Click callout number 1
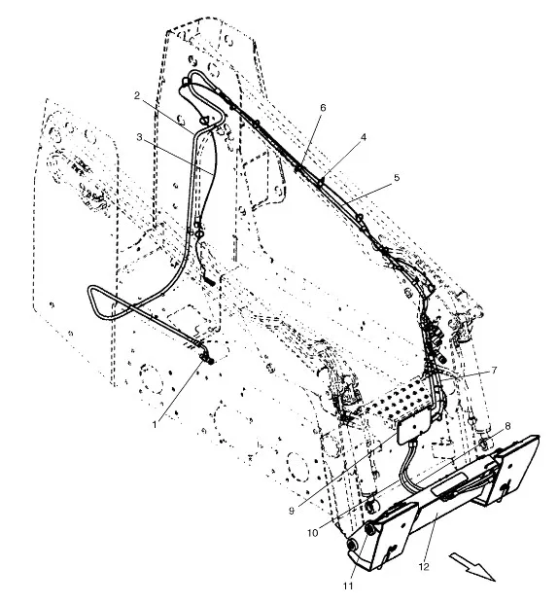pyautogui.click(x=155, y=424)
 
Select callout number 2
pyautogui.click(x=137, y=95)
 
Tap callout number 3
pyautogui.click(x=139, y=137)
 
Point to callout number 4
pyautogui.click(x=364, y=137)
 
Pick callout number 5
pyautogui.click(x=397, y=177)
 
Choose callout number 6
pyautogui.click(x=323, y=107)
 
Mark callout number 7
pyautogui.click(x=494, y=371)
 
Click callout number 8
pyautogui.click(x=507, y=426)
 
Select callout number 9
pyautogui.click(x=292, y=511)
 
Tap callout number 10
pyautogui.click(x=313, y=533)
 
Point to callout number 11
pyautogui.click(x=348, y=586)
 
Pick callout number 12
pyautogui.click(x=424, y=567)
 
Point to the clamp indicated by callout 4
pyautogui.click(x=321, y=181)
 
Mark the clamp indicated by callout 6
pyautogui.click(x=298, y=168)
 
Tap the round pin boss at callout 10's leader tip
pyautogui.click(x=371, y=506)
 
